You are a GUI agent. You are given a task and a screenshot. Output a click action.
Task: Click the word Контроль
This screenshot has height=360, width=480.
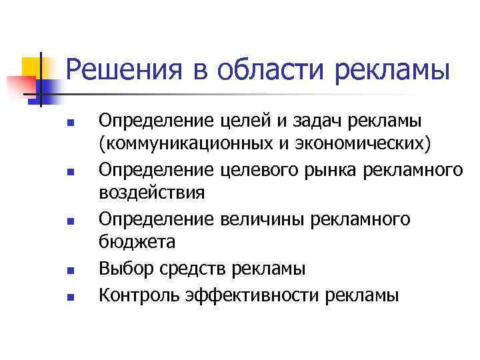point(136,293)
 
